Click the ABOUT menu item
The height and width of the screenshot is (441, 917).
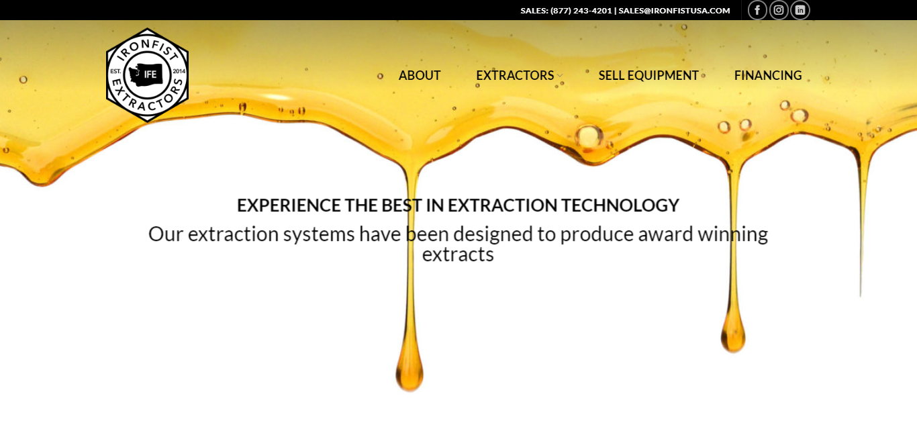420,76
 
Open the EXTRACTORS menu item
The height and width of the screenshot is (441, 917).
515,76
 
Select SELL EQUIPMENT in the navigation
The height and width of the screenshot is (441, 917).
648,76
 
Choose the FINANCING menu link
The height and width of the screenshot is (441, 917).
768,76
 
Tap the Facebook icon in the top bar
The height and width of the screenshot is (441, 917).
757,10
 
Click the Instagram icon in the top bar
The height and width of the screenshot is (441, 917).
779,10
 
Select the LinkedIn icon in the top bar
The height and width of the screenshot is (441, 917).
800,10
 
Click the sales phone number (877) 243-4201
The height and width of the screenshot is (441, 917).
581,11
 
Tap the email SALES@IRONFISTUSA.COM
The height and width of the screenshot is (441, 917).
674,11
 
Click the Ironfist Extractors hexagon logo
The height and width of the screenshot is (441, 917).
147,75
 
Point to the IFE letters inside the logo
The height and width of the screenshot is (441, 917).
150,75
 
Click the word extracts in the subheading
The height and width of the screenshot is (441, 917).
458,255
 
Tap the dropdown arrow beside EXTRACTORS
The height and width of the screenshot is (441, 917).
560,77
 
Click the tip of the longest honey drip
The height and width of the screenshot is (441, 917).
409,376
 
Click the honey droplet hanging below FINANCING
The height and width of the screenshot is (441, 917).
733,336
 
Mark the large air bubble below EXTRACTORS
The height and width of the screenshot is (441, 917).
589,136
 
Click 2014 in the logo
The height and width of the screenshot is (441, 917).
179,71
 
